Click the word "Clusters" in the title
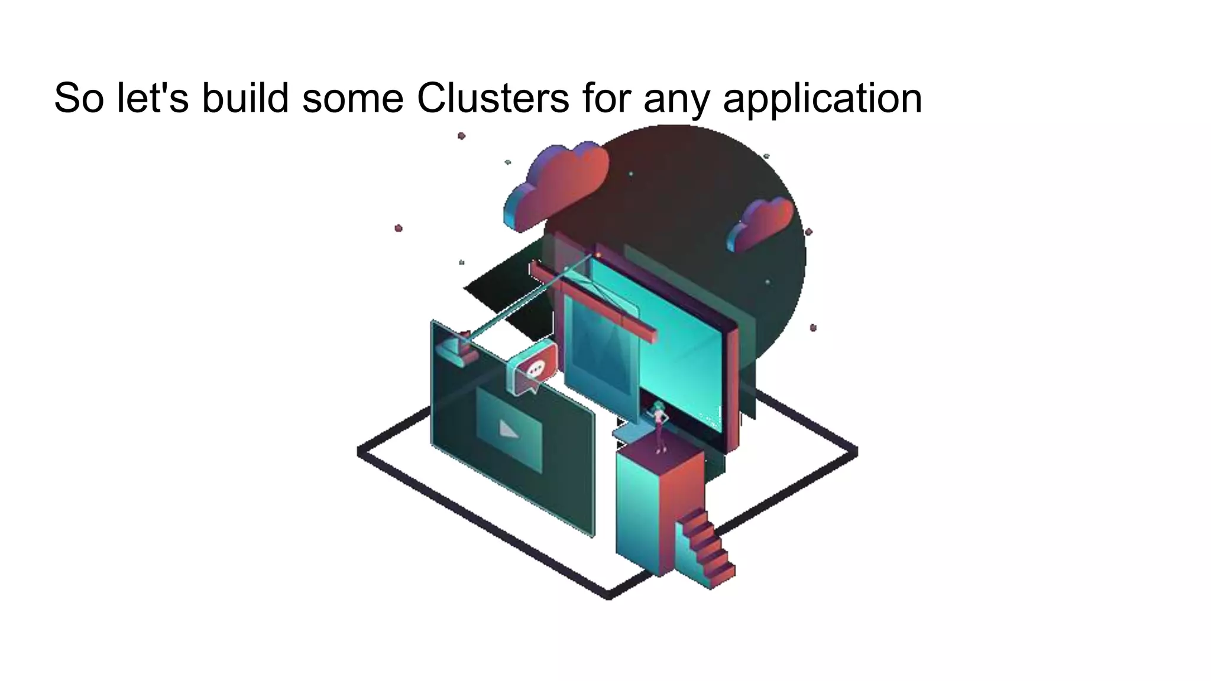(x=493, y=98)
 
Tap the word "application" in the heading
(x=822, y=99)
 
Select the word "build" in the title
(x=245, y=98)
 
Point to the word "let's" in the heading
(x=153, y=98)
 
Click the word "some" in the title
(x=352, y=99)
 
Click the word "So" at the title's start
(x=79, y=98)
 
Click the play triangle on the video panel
(x=509, y=430)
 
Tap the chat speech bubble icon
(x=535, y=370)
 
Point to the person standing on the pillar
(x=659, y=426)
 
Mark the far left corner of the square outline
(x=360, y=452)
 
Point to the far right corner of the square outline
(x=855, y=452)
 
